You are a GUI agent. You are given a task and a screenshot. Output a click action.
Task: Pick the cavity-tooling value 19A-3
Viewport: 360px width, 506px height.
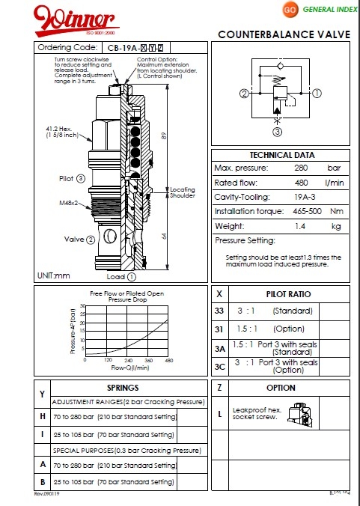coord(303,196)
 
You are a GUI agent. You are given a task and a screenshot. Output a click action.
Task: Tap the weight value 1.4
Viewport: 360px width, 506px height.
coord(302,225)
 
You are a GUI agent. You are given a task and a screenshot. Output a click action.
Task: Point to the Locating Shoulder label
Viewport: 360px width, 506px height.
coord(183,192)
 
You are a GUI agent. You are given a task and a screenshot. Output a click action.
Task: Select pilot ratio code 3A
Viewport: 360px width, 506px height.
coord(219,348)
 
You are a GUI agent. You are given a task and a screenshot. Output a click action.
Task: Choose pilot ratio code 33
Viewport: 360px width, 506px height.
coord(219,311)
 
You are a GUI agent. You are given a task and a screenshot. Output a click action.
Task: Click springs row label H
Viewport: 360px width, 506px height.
coord(42,416)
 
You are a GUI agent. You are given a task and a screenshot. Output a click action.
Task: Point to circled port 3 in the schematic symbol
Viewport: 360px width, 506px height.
coord(276,132)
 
